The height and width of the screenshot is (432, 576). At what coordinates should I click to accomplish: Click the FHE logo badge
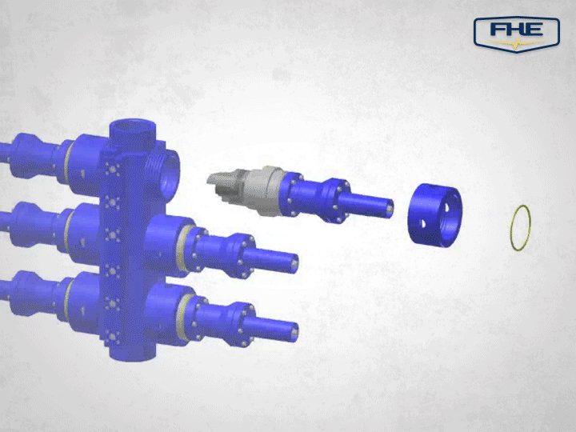(x=516, y=32)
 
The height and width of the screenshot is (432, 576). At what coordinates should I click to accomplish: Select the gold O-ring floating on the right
(x=521, y=228)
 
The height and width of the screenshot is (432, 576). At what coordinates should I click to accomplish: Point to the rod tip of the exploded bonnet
(x=390, y=206)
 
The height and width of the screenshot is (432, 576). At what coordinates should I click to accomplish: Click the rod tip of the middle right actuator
(x=294, y=262)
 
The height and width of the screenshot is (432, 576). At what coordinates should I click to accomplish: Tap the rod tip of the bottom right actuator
(x=294, y=327)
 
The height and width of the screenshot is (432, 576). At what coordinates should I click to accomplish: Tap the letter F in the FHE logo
(x=498, y=30)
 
